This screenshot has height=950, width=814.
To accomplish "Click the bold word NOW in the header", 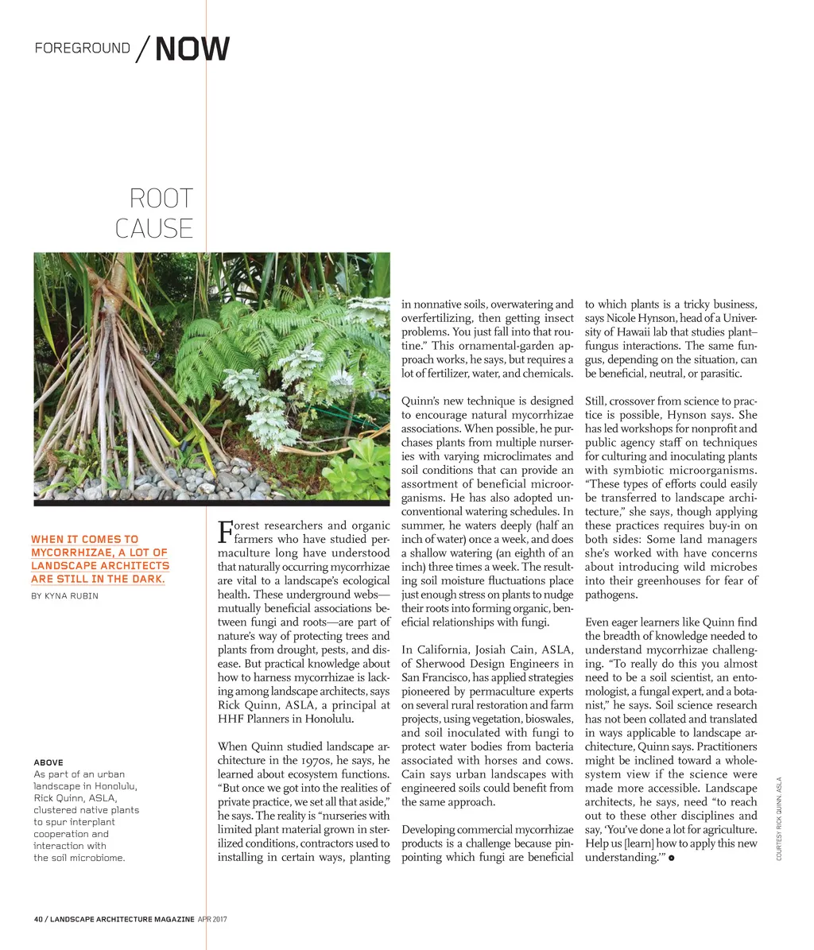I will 192,49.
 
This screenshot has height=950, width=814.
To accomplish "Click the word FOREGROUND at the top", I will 82,48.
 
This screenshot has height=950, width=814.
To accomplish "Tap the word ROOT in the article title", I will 161,198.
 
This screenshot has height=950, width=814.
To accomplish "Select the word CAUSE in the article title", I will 154,229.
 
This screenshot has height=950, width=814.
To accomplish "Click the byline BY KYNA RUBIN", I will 64,595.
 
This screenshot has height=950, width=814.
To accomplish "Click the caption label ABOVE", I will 48,762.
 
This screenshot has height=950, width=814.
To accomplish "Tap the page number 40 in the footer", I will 38,919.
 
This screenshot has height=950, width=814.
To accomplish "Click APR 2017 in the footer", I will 212,919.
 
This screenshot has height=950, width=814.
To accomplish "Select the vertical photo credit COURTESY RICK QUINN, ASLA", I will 780,818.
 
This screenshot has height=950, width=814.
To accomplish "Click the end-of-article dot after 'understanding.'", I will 672,859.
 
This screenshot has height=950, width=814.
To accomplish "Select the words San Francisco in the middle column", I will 435,678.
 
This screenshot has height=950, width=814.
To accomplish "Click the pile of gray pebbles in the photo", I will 159,481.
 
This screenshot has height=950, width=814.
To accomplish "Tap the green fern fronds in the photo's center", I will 231,350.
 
